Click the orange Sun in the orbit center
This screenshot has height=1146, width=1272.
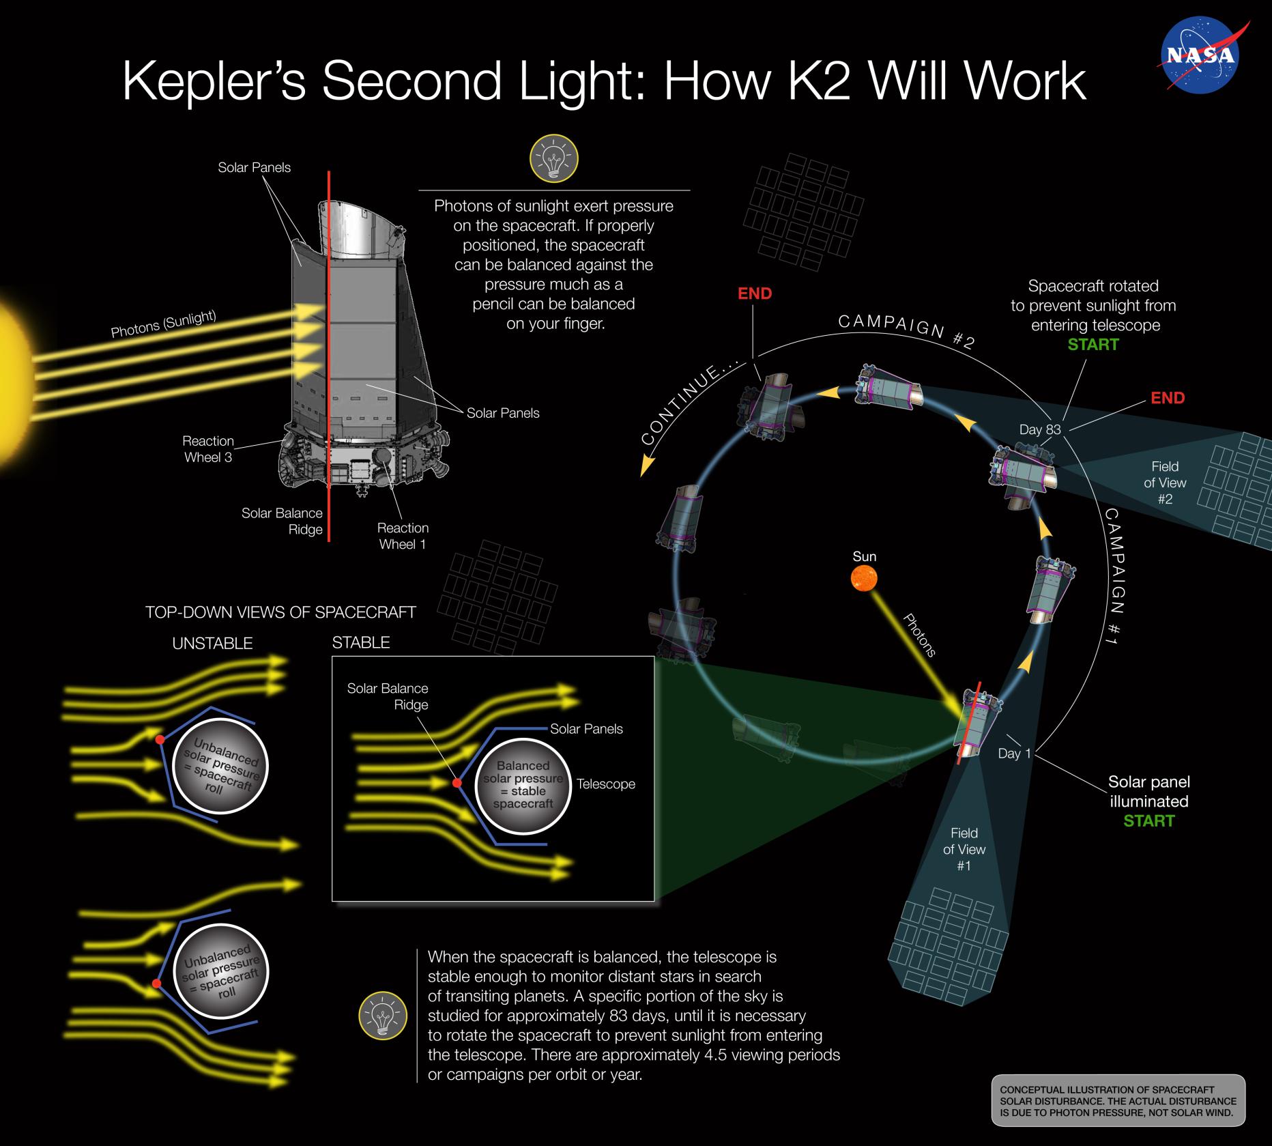[864, 579]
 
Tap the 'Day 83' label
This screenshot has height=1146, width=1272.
[1039, 429]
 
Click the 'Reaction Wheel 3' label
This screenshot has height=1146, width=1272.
[208, 449]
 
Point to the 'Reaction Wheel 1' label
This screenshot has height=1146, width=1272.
[403, 536]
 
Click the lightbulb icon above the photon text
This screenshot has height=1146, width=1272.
[553, 158]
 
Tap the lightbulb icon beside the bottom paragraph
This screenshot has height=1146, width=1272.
[383, 1016]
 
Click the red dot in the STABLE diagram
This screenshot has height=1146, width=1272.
[457, 783]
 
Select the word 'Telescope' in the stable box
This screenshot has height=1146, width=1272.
[605, 784]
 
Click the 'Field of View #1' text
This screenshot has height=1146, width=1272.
[964, 849]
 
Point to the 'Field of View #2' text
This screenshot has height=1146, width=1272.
[1165, 483]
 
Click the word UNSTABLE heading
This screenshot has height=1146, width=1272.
[212, 644]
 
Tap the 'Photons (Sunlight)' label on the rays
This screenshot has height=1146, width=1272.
[164, 324]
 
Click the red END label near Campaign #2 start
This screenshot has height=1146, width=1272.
[1168, 398]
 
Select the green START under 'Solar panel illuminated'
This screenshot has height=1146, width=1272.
[1148, 821]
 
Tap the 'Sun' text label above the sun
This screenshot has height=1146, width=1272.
[864, 556]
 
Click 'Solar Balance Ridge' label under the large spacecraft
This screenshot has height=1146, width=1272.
[281, 521]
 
